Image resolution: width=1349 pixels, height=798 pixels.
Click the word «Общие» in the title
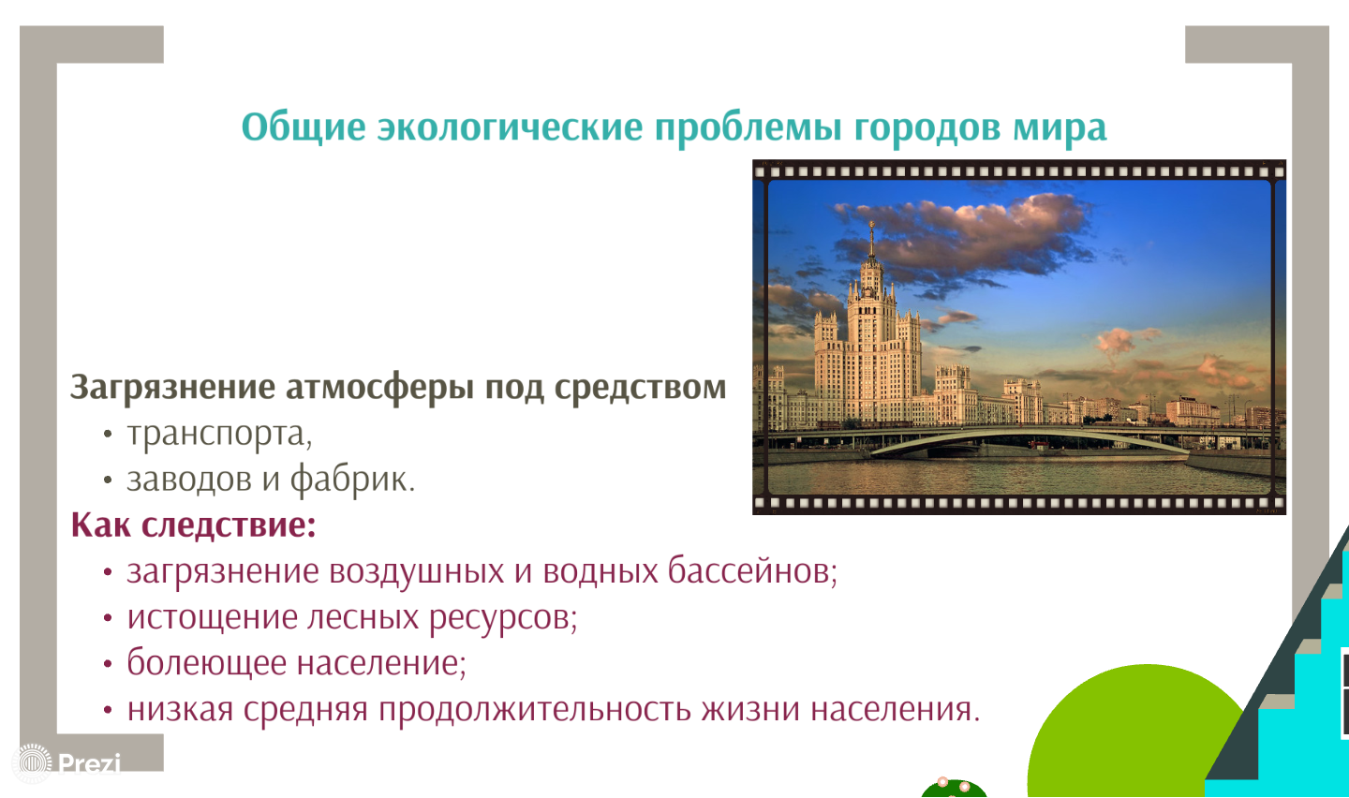pyautogui.click(x=304, y=127)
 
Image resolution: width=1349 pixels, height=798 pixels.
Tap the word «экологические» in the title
pyautogui.click(x=510, y=127)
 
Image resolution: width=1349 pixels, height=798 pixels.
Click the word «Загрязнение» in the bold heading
pyautogui.click(x=172, y=387)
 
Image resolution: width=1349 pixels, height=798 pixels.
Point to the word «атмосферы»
pyautogui.click(x=379, y=388)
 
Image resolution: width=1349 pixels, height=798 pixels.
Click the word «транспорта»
pyautogui.click(x=219, y=434)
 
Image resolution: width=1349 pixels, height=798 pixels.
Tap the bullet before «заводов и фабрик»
pyautogui.click(x=108, y=480)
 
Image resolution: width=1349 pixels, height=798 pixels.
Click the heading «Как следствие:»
pyautogui.click(x=193, y=525)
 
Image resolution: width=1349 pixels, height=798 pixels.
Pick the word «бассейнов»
pyautogui.click(x=752, y=570)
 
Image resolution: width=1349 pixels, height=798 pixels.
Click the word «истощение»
pyautogui.click(x=213, y=617)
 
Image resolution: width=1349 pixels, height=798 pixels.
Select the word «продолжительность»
pyautogui.click(x=535, y=709)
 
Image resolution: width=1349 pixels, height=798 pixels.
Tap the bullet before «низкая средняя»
pyautogui.click(x=108, y=709)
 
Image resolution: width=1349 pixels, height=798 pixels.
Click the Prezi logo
pyautogui.click(x=67, y=763)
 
